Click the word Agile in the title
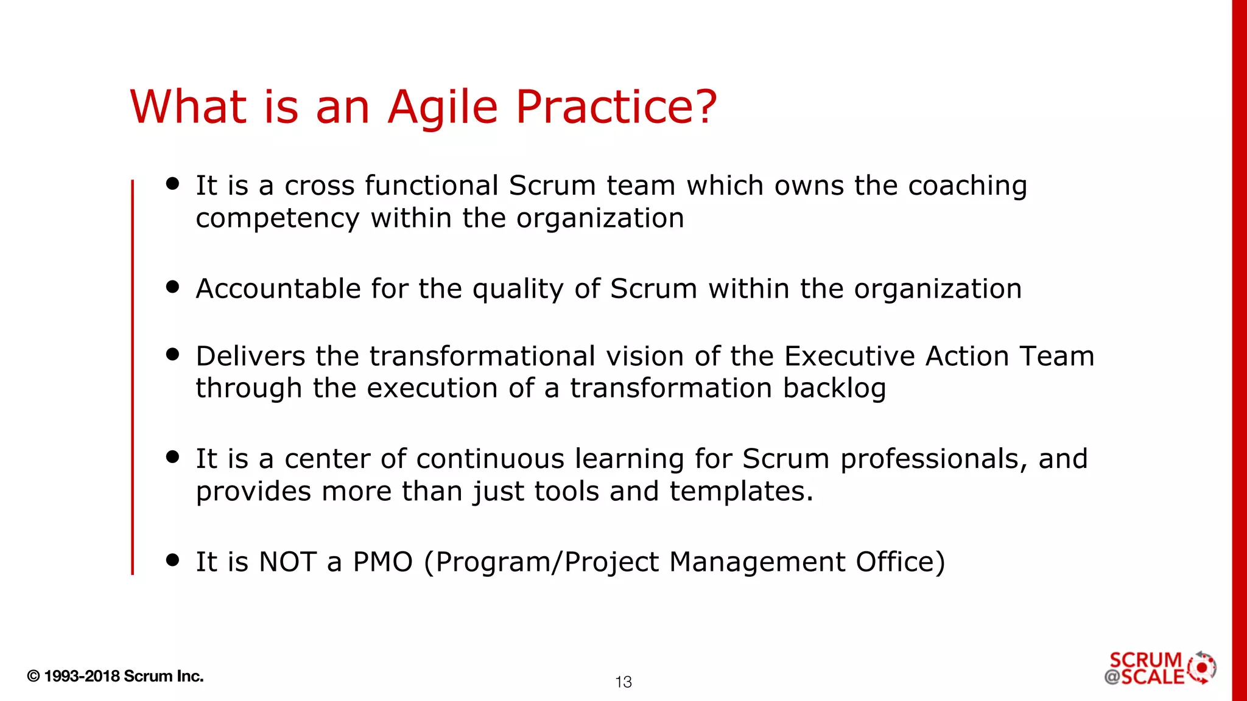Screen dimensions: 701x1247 443,108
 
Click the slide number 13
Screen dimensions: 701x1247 623,682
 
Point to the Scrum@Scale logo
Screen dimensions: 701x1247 1160,668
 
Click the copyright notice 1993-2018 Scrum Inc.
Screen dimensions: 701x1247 116,676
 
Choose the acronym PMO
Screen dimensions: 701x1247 383,562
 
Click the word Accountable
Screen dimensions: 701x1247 278,288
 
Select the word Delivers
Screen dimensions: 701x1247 250,356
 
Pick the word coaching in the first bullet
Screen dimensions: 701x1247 968,186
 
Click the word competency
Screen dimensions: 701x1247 278,219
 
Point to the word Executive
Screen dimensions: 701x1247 849,356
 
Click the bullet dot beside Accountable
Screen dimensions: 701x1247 173,287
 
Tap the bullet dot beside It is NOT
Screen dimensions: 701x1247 173,560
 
